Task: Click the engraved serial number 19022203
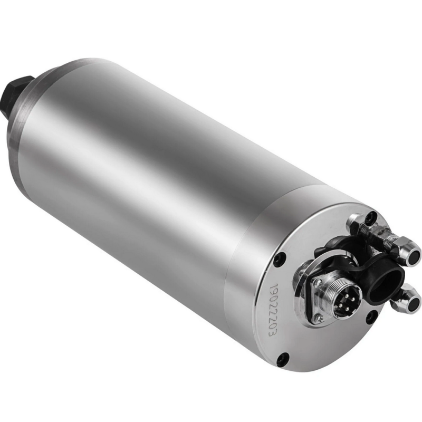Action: click(x=274, y=310)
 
